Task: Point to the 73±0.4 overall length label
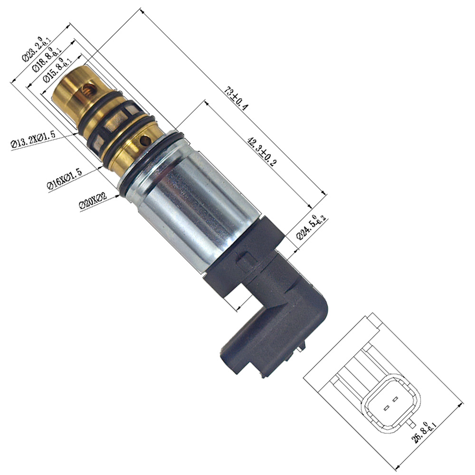(236, 98)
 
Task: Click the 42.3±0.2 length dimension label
(262, 152)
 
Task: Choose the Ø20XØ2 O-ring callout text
(93, 200)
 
